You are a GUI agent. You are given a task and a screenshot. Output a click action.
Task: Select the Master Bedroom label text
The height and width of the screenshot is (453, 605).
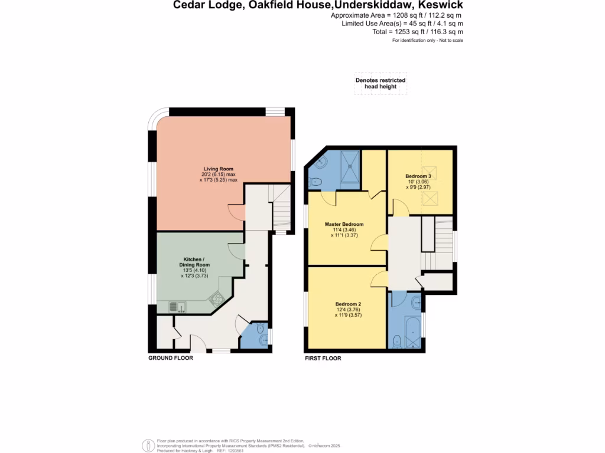(344, 224)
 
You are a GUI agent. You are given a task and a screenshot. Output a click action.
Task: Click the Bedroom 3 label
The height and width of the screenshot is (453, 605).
(418, 176)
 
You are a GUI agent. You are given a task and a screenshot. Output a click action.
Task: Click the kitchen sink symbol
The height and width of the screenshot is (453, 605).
(177, 306)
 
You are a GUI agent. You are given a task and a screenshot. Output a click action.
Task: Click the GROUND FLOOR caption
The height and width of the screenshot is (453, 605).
(170, 358)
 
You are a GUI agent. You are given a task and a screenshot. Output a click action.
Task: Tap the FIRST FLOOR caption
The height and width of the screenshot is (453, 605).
(323, 358)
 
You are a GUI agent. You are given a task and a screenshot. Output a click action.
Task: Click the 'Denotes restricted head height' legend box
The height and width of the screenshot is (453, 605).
(380, 84)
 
